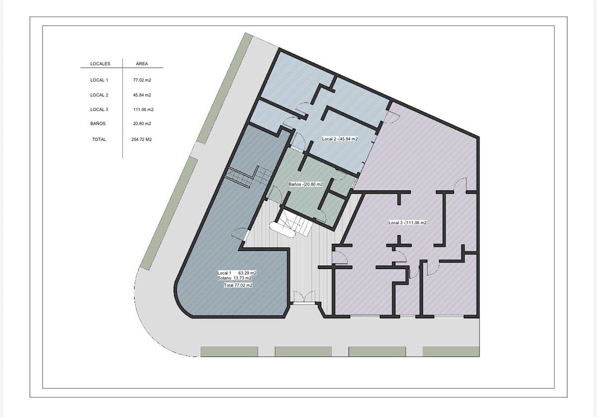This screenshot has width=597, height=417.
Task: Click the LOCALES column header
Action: (100, 64)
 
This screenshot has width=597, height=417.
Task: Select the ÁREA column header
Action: (142, 64)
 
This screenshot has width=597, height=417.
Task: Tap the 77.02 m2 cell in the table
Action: (142, 80)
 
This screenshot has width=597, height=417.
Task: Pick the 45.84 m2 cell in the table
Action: (142, 95)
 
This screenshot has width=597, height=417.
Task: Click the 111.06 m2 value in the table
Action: (143, 110)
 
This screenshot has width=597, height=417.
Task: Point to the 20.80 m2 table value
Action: (142, 124)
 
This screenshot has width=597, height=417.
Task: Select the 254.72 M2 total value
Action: (141, 139)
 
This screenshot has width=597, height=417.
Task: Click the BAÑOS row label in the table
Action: (98, 124)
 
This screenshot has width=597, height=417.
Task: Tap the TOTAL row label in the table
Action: (99, 139)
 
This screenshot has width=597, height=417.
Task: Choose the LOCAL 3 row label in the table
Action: (99, 110)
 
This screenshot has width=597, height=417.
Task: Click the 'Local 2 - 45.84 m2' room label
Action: (340, 139)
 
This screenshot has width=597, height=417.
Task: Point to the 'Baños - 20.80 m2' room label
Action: (305, 184)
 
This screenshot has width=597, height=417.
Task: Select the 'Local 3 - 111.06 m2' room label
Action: (407, 223)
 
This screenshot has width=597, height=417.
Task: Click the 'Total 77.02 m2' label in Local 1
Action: (238, 285)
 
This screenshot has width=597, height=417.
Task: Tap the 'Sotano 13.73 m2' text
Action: (234, 278)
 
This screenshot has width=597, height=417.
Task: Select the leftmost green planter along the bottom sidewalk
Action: (229, 352)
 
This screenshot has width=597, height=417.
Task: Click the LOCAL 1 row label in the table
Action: (99, 80)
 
